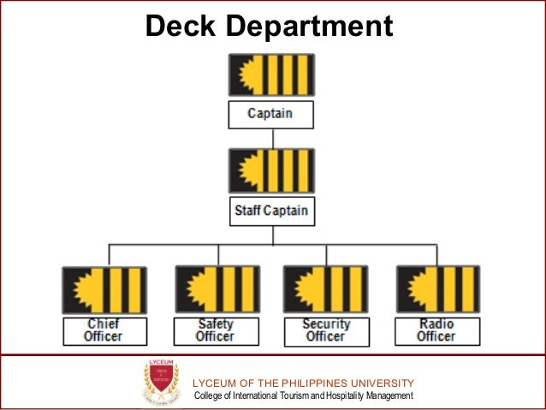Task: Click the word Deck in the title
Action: pos(176,27)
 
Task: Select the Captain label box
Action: pos(271,114)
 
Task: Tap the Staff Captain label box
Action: pos(271,210)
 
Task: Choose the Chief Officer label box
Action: pos(104,330)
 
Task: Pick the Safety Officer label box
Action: pos(216,330)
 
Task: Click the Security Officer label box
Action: pos(326,330)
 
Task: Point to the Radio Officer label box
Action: pos(436,330)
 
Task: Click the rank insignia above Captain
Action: pos(271,74)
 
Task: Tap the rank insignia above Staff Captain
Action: pos(271,170)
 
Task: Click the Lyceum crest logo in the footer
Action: pos(161,382)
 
